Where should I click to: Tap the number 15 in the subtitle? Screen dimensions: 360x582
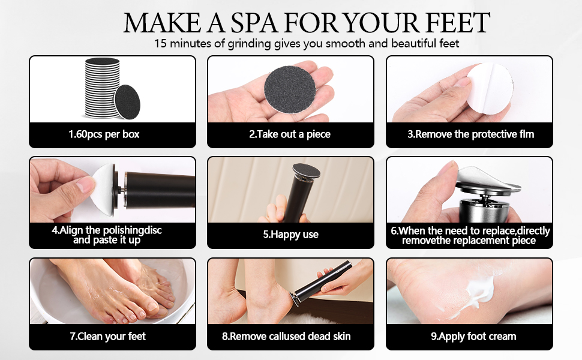[x=160, y=44]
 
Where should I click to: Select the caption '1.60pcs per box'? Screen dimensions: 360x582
[x=104, y=134]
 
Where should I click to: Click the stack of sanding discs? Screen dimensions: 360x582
[x=102, y=87]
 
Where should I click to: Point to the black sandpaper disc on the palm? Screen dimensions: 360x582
[x=290, y=88]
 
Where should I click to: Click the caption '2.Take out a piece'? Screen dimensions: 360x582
[x=290, y=134]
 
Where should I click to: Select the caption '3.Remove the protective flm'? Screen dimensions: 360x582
[x=470, y=134]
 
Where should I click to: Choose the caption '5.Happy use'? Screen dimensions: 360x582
[x=290, y=235]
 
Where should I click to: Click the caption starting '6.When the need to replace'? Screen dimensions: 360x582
[x=470, y=235]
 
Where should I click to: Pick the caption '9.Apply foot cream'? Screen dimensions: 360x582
[x=469, y=336]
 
